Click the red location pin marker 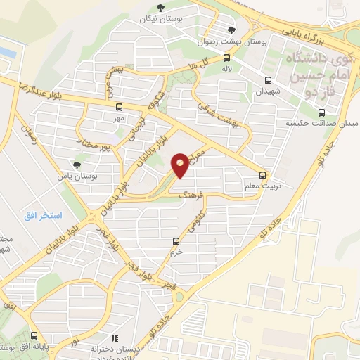(x=181, y=166)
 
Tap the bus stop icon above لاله (x=226, y=58)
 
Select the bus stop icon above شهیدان (x=268, y=80)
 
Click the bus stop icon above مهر (x=118, y=108)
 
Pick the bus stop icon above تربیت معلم (x=263, y=175)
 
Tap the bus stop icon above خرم (x=176, y=241)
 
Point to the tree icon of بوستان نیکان (x=161, y=8)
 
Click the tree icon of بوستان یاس (x=77, y=165)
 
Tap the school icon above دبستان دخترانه (x=115, y=338)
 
